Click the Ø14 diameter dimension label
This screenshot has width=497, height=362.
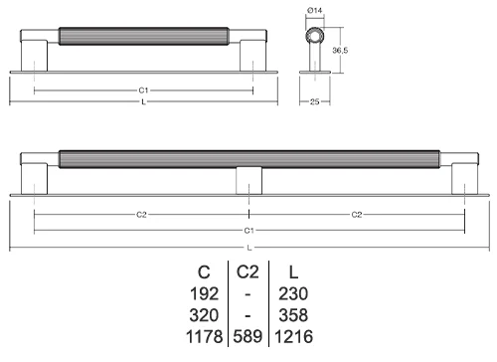[314, 11]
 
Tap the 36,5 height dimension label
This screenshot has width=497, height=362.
[340, 51]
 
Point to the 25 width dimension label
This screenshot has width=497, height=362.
[314, 101]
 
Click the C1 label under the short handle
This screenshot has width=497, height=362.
[143, 90]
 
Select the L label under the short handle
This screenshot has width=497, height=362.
[143, 102]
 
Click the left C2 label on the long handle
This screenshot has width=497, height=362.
[141, 215]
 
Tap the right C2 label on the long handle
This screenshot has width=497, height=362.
[357, 215]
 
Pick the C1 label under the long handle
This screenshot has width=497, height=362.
[248, 231]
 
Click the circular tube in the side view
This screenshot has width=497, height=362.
[314, 35]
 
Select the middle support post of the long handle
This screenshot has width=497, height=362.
[248, 181]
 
